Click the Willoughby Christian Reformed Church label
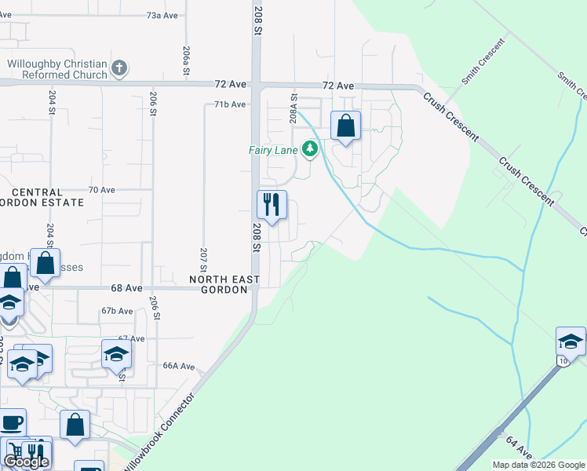pos(57,69)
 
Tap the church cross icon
pos(119,69)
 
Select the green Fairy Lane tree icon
pos(311,148)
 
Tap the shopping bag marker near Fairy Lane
pos(345,126)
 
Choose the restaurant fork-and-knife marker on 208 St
pos(272,205)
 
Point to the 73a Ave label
pos(164,16)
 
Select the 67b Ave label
pos(118,311)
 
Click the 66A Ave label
pos(178,366)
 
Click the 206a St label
pos(187,60)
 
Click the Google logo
pos(26,462)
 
